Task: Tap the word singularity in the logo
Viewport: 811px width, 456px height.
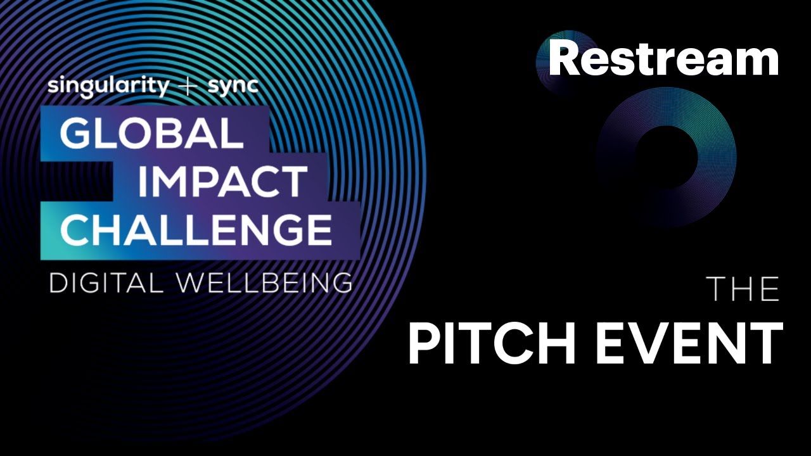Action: pyautogui.click(x=108, y=87)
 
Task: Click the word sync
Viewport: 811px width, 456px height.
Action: pyautogui.click(x=233, y=87)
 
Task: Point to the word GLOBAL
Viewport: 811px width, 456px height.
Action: pyautogui.click(x=151, y=134)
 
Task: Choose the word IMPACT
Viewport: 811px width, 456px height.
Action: pyautogui.click(x=222, y=182)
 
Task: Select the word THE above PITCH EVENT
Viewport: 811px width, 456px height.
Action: pyautogui.click(x=743, y=290)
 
